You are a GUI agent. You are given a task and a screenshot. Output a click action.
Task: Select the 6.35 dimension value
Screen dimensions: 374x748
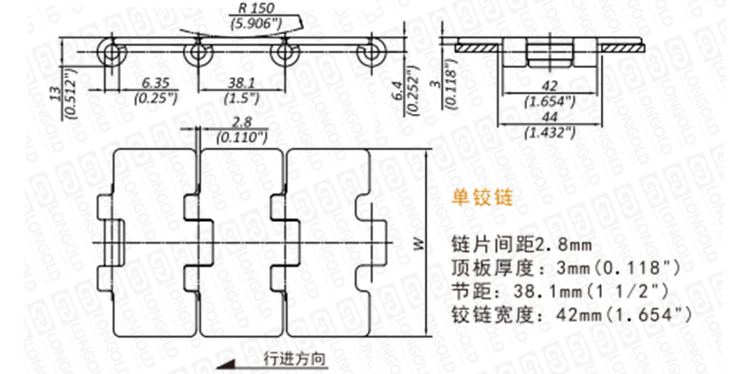pos(155,84)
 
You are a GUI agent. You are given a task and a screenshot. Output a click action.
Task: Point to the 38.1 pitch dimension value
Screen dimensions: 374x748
pos(241,84)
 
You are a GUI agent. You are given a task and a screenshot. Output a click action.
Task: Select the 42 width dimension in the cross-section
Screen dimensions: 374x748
pos(546,87)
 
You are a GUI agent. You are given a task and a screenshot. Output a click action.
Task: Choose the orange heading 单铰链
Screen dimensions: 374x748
pos(480,199)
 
